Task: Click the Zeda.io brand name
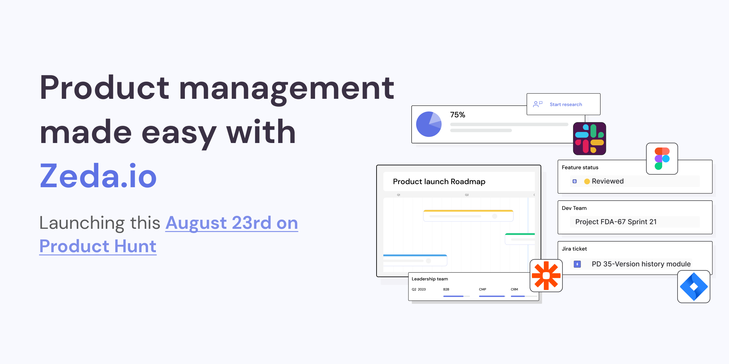pos(98,176)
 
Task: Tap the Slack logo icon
pos(589,139)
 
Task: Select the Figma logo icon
pos(662,159)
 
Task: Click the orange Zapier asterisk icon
pos(546,276)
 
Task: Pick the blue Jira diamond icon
pos(694,287)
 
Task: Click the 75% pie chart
pos(429,124)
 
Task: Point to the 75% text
pos(457,115)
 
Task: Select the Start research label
pos(566,104)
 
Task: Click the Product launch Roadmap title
pos(439,181)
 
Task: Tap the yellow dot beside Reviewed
pos(587,181)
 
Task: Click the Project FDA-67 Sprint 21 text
pos(616,222)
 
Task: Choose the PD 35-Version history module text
pos(641,264)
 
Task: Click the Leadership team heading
pos(430,279)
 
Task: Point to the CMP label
pos(482,289)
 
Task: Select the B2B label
pos(446,289)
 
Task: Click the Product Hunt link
pos(98,246)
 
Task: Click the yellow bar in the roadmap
pos(468,211)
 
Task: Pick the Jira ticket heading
pos(574,249)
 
